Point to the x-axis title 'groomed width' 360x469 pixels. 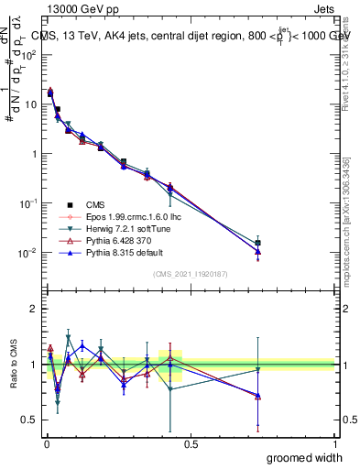[305, 457]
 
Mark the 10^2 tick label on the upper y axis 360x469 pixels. [29, 55]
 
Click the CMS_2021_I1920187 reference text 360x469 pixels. [191, 273]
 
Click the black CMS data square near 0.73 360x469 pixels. [258, 244]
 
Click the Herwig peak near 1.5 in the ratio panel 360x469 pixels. [68, 337]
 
